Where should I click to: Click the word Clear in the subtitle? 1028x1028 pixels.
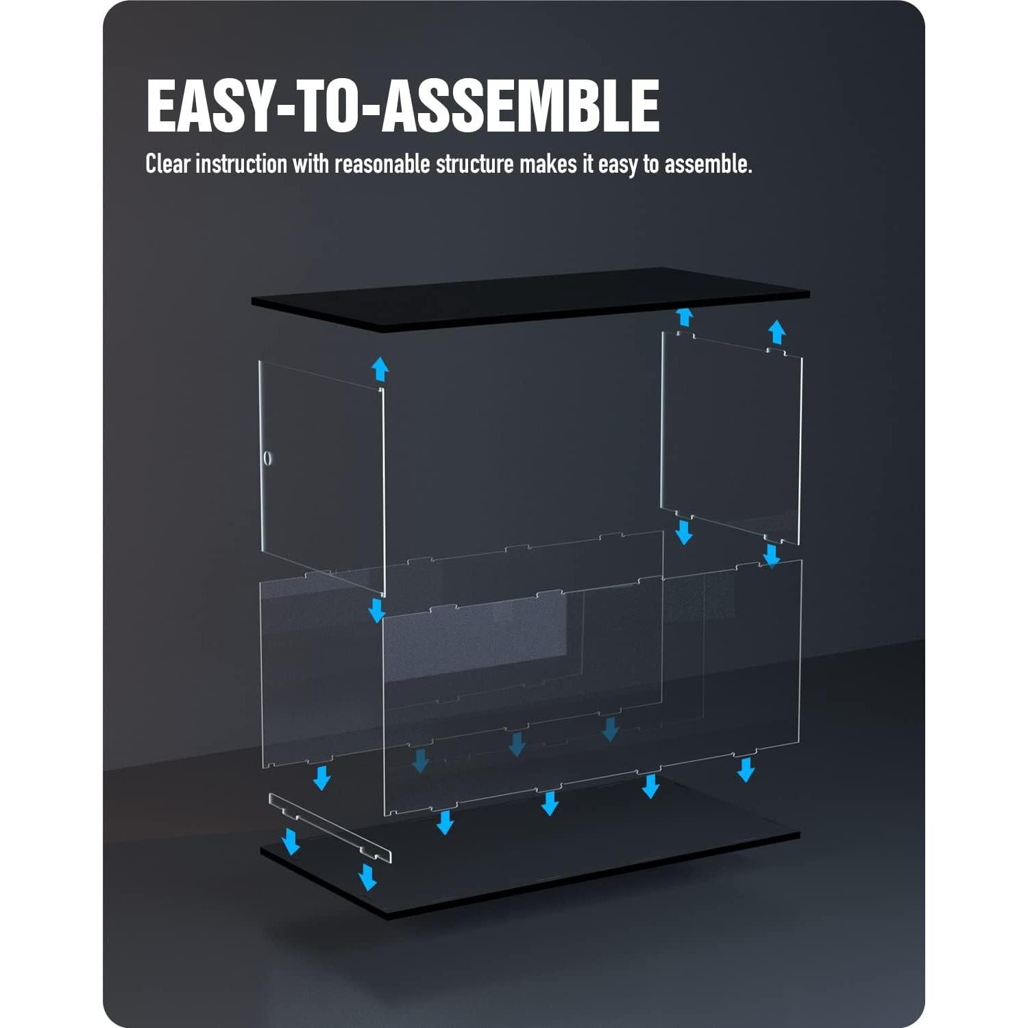click(x=168, y=164)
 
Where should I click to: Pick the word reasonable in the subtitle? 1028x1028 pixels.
click(x=382, y=164)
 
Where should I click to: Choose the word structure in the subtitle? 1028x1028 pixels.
click(x=474, y=164)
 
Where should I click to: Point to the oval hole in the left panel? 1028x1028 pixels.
click(x=267, y=458)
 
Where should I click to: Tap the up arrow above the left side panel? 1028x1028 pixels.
click(x=380, y=369)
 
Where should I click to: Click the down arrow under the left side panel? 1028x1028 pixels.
click(x=376, y=609)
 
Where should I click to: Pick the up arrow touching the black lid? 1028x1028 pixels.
click(x=683, y=317)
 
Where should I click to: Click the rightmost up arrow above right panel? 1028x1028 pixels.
click(x=776, y=332)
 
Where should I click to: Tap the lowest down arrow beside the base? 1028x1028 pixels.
click(x=368, y=877)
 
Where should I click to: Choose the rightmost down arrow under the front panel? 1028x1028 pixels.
click(x=746, y=769)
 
